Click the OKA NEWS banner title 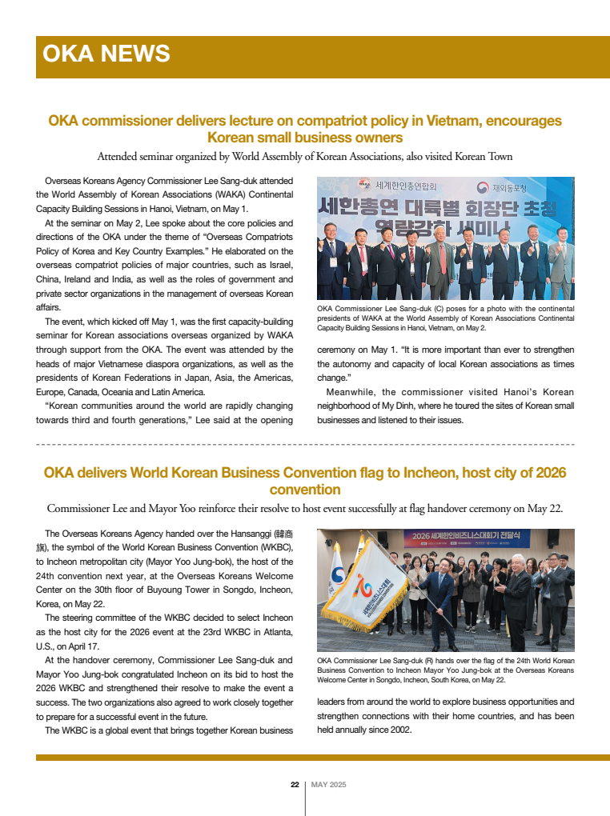coord(106,54)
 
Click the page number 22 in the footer coord(295,785)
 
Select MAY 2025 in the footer coord(328,785)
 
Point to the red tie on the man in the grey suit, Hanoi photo coord(438,256)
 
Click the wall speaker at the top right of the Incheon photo coord(553,538)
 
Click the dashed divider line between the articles coord(305,443)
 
